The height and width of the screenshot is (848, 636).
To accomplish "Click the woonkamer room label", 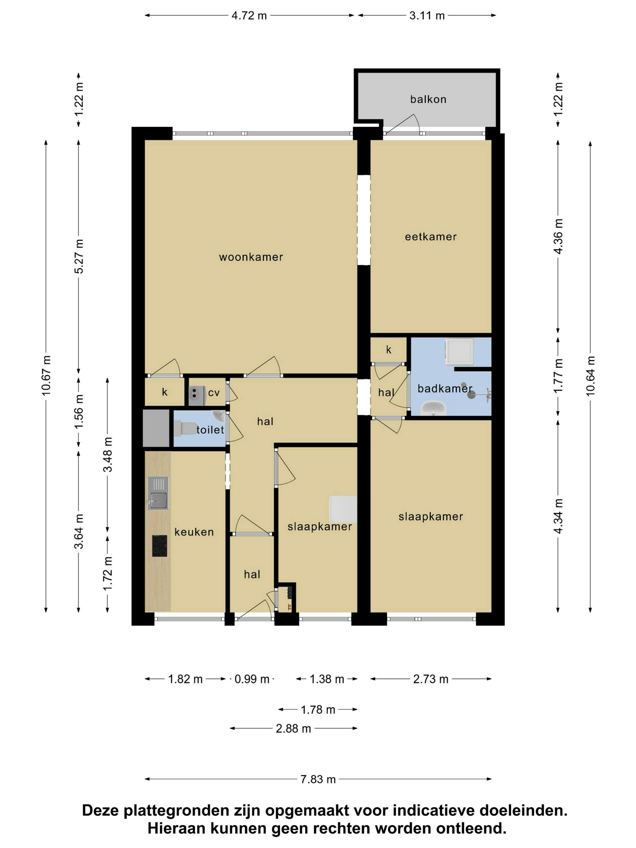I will pos(251,257).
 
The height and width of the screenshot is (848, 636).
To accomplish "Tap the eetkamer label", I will pos(431,237).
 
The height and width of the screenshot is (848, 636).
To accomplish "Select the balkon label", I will pos(428,99).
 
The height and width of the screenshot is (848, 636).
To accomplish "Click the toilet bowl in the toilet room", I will pos(184,428).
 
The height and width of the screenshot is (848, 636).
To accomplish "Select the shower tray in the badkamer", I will pos(459,351).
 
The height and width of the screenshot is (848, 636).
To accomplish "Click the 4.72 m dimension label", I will pos(249,16).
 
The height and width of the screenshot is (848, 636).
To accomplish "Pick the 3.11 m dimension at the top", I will pos(427,16).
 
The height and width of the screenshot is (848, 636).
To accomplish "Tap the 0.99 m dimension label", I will pos(252,679).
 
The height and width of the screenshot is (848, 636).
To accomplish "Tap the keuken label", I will pos(194,532).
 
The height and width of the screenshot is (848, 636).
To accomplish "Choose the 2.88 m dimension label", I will pos(293,728).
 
